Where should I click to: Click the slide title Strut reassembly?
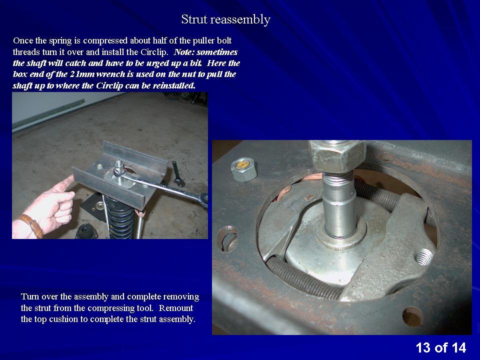click(x=225, y=19)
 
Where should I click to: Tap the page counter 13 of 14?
click(x=441, y=348)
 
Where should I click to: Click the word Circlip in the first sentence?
click(x=153, y=51)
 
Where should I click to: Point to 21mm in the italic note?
click(x=82, y=74)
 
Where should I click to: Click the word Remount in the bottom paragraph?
click(x=176, y=307)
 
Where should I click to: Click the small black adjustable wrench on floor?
click(x=178, y=174)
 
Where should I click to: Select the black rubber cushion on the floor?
click(x=86, y=231)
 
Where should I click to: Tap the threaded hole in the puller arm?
click(x=423, y=256)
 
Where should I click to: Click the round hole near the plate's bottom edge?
click(x=413, y=317)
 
